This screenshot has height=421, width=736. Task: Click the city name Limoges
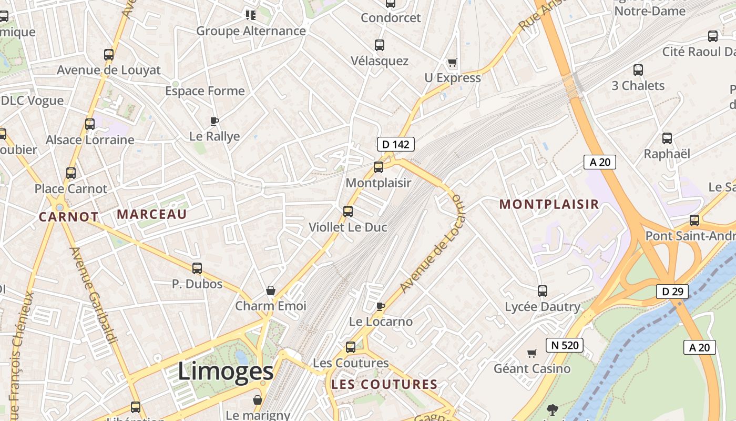tap(226, 372)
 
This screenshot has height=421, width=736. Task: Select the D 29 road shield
tap(672, 291)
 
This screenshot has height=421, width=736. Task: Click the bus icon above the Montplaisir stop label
tap(379, 168)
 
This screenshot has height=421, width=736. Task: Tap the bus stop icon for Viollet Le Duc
tap(347, 212)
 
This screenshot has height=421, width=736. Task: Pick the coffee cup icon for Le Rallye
tap(214, 121)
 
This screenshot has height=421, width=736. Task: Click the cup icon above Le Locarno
tap(381, 306)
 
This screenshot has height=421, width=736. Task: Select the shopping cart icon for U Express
tap(452, 63)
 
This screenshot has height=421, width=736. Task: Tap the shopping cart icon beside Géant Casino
tap(532, 353)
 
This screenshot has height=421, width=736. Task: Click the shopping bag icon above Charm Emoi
tap(271, 290)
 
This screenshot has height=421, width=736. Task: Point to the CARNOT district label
tap(68, 216)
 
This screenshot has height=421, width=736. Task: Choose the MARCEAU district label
tap(151, 214)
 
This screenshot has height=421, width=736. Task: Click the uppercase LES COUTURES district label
tap(384, 385)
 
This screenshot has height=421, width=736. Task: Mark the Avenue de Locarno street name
tap(433, 244)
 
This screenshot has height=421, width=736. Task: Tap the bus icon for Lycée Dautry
tap(543, 290)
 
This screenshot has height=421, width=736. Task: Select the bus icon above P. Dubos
tap(197, 268)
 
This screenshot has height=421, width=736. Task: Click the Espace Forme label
tap(205, 91)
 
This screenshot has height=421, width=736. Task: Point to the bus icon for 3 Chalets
tap(638, 70)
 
